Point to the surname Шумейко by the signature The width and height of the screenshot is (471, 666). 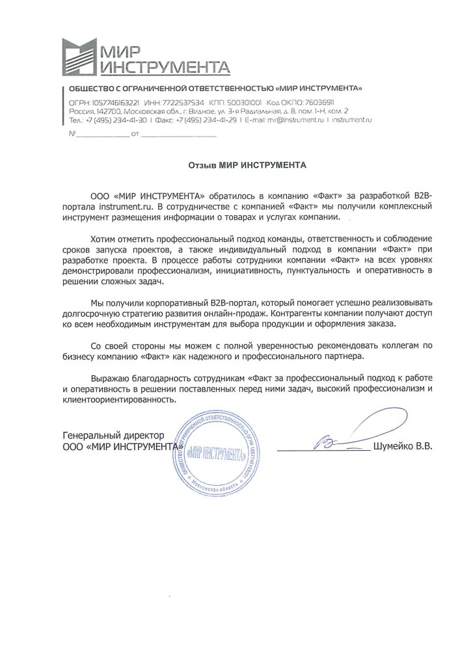(x=390, y=447)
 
